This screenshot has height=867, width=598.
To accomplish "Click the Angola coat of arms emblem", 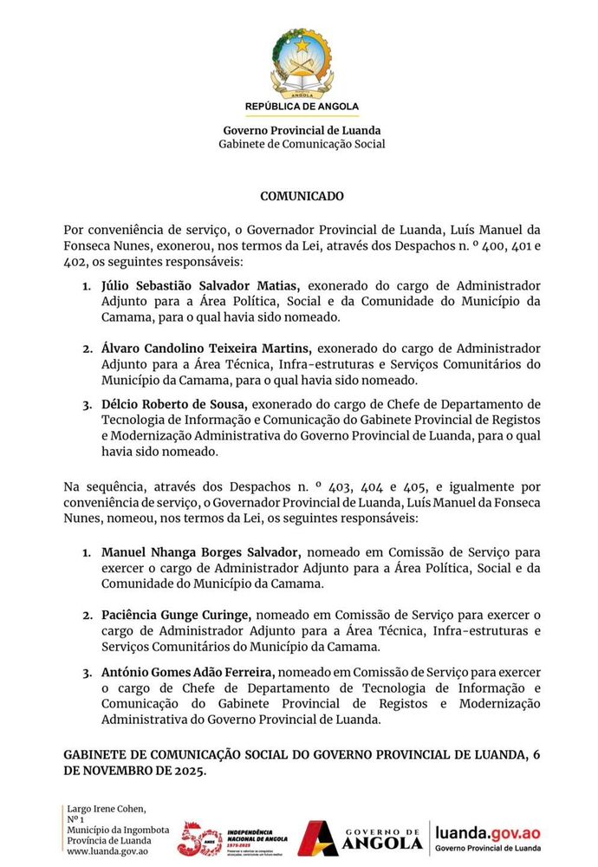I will [302, 61].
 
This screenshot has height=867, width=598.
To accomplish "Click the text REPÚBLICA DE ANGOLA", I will [302, 107].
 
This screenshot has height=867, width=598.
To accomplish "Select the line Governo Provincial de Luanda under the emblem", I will [302, 131].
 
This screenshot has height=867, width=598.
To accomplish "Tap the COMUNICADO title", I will [302, 197].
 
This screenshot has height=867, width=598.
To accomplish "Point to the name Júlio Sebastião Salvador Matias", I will [201, 285].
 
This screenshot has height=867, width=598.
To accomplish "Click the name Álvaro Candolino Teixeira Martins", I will [205, 349].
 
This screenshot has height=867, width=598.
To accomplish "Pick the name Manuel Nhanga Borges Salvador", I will [201, 551].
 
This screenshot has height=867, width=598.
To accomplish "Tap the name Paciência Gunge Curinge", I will [177, 615].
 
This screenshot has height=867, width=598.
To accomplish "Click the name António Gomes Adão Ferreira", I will [189, 671].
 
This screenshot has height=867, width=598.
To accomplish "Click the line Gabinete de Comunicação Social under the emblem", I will [302, 144].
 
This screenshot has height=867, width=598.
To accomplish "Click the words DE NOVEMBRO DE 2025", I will [135, 771].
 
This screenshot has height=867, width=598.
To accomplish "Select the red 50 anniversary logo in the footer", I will [198, 838].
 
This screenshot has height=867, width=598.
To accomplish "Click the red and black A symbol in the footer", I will [317, 838].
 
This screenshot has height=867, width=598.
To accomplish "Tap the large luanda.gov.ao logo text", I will [489, 832].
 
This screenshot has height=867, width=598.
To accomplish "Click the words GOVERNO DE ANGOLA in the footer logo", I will [382, 838].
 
